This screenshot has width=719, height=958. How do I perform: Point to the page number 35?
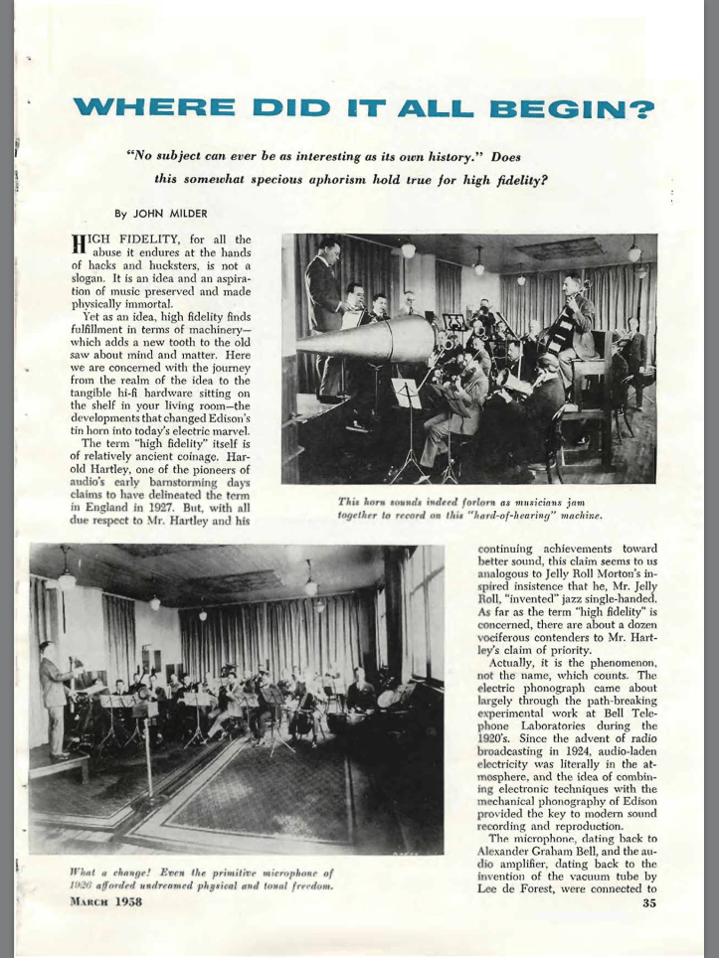click(649, 902)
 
